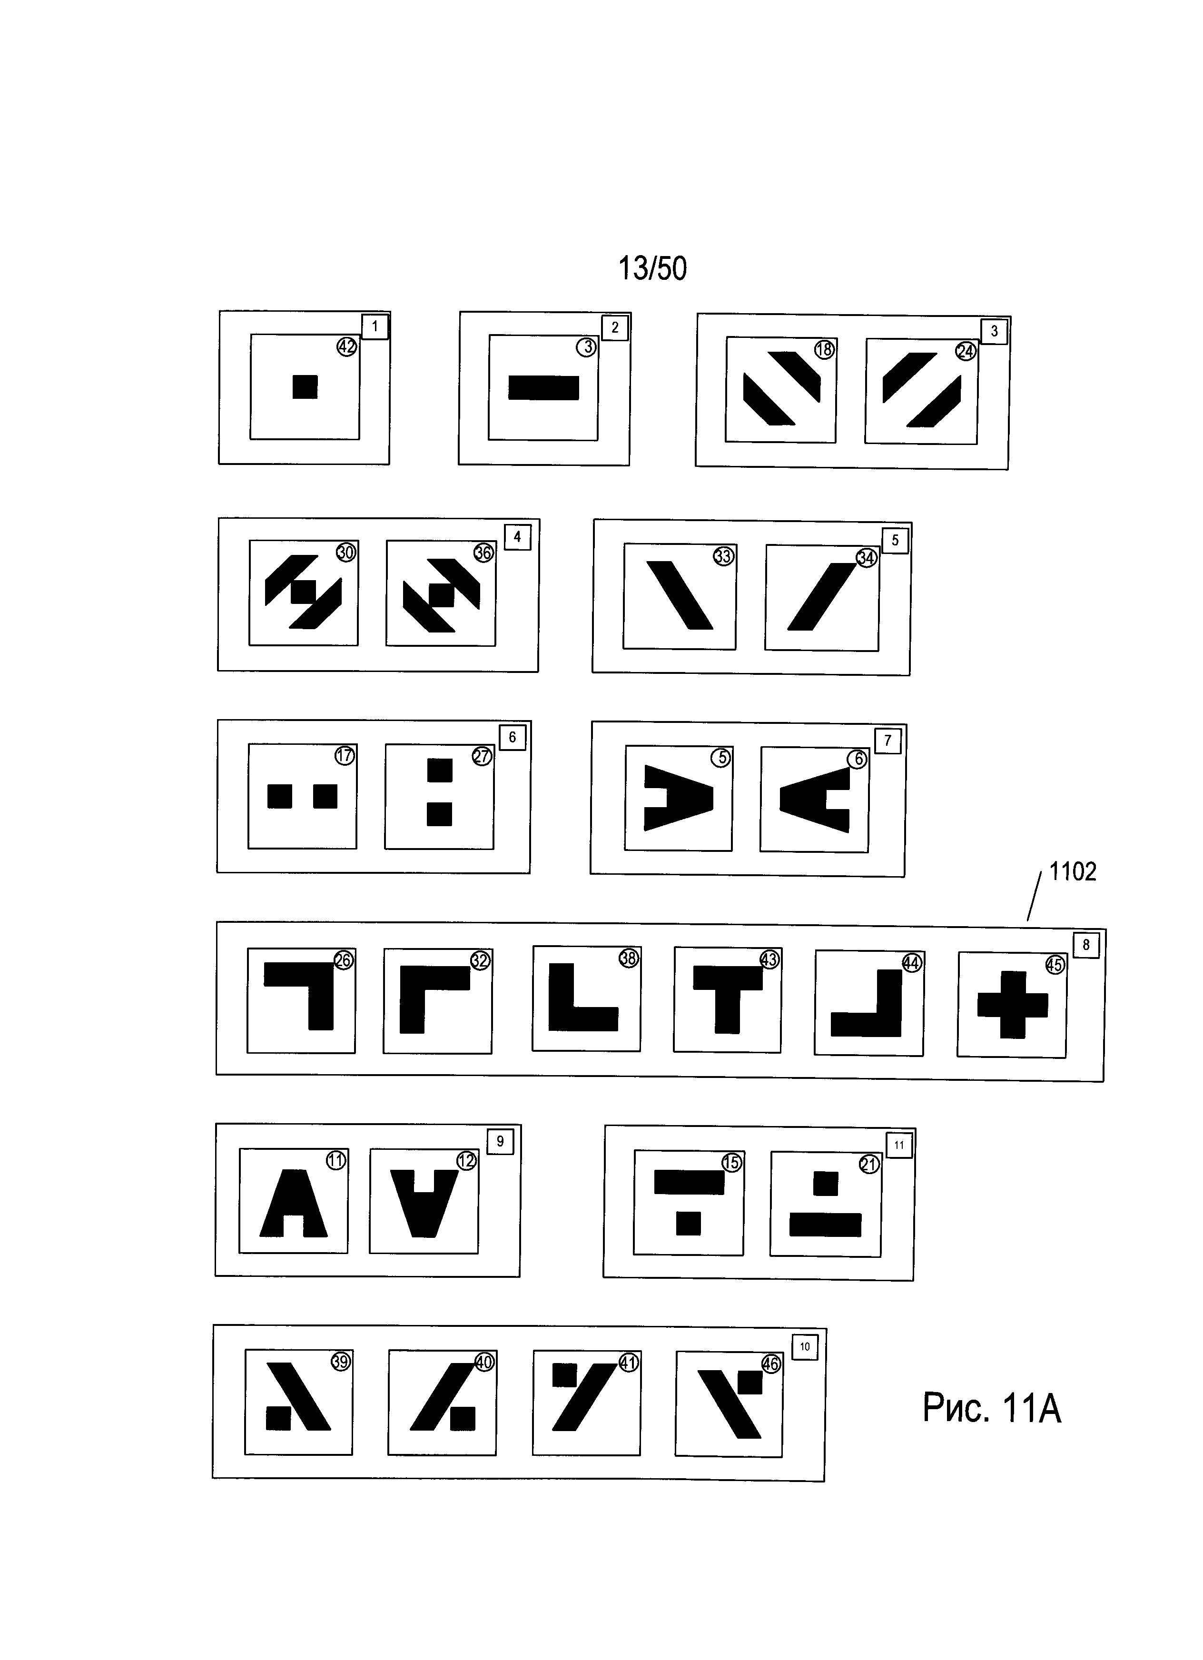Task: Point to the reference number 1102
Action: point(1072,872)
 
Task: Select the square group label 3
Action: point(994,331)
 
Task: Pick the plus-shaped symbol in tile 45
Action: point(1012,1005)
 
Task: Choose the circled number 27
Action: point(482,756)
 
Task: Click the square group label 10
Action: point(805,1346)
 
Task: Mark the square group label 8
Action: point(1086,945)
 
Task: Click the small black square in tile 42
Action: point(305,386)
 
